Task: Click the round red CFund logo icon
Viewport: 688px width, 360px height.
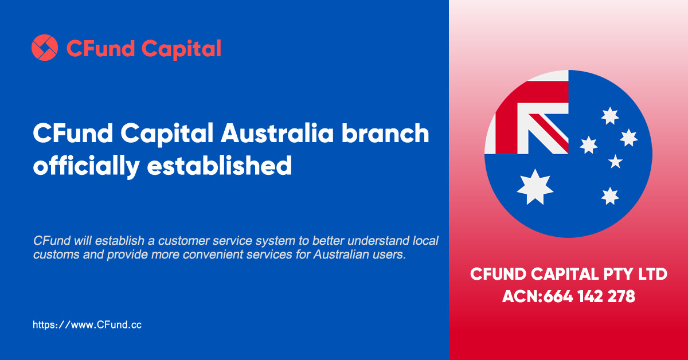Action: click(45, 48)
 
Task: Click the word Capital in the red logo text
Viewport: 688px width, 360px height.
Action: click(181, 49)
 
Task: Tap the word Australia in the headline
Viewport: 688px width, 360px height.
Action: click(277, 134)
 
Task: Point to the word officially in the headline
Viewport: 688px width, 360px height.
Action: click(87, 166)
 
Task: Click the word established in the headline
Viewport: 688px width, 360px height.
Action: click(219, 165)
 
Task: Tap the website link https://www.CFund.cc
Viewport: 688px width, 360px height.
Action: click(87, 324)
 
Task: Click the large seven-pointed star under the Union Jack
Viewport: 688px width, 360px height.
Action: click(535, 187)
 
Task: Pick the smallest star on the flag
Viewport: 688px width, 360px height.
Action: click(615, 162)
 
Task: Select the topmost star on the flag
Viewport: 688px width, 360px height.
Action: click(610, 116)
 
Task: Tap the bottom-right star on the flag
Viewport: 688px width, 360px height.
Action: click(610, 196)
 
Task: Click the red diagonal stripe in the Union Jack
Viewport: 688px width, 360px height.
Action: click(549, 133)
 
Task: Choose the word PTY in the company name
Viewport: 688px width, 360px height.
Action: click(618, 274)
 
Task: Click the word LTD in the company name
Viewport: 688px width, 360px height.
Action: click(653, 274)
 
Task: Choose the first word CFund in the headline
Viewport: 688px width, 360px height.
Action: click(73, 134)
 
